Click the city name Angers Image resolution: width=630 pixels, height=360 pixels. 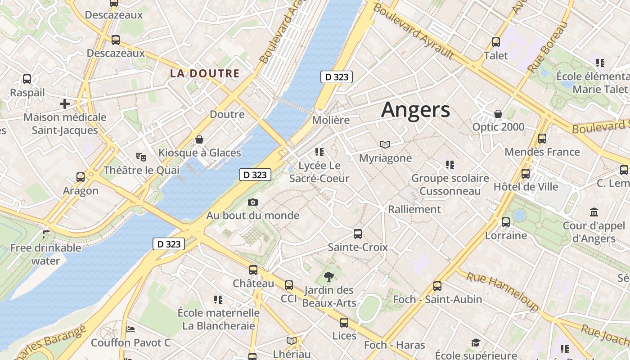[415, 110]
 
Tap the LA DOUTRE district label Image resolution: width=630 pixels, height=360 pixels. [205, 73]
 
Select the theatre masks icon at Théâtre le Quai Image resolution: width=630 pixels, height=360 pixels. [141, 157]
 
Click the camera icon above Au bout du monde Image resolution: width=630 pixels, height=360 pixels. [253, 202]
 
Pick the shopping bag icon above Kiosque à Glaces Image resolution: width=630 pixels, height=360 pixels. [199, 140]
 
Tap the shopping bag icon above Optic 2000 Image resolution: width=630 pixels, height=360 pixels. [498, 114]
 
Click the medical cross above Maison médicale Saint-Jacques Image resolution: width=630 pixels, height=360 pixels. [65, 104]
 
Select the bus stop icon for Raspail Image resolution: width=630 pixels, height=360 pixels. [27, 79]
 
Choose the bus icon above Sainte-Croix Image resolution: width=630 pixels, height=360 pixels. [358, 234]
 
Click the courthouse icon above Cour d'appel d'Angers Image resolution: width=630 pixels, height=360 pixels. [594, 212]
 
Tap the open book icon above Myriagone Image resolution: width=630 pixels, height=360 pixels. [385, 144]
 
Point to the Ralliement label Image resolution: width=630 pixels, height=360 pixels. [414, 209]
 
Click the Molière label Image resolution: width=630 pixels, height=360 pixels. [331, 120]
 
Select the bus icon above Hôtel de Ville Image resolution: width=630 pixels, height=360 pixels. [525, 173]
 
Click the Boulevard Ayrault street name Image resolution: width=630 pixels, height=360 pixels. [413, 31]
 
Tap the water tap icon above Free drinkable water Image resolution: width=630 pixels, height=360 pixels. [46, 234]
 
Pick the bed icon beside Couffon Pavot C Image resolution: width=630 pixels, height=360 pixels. [130, 329]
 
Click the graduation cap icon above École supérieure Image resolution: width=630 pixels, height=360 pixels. [476, 343]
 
